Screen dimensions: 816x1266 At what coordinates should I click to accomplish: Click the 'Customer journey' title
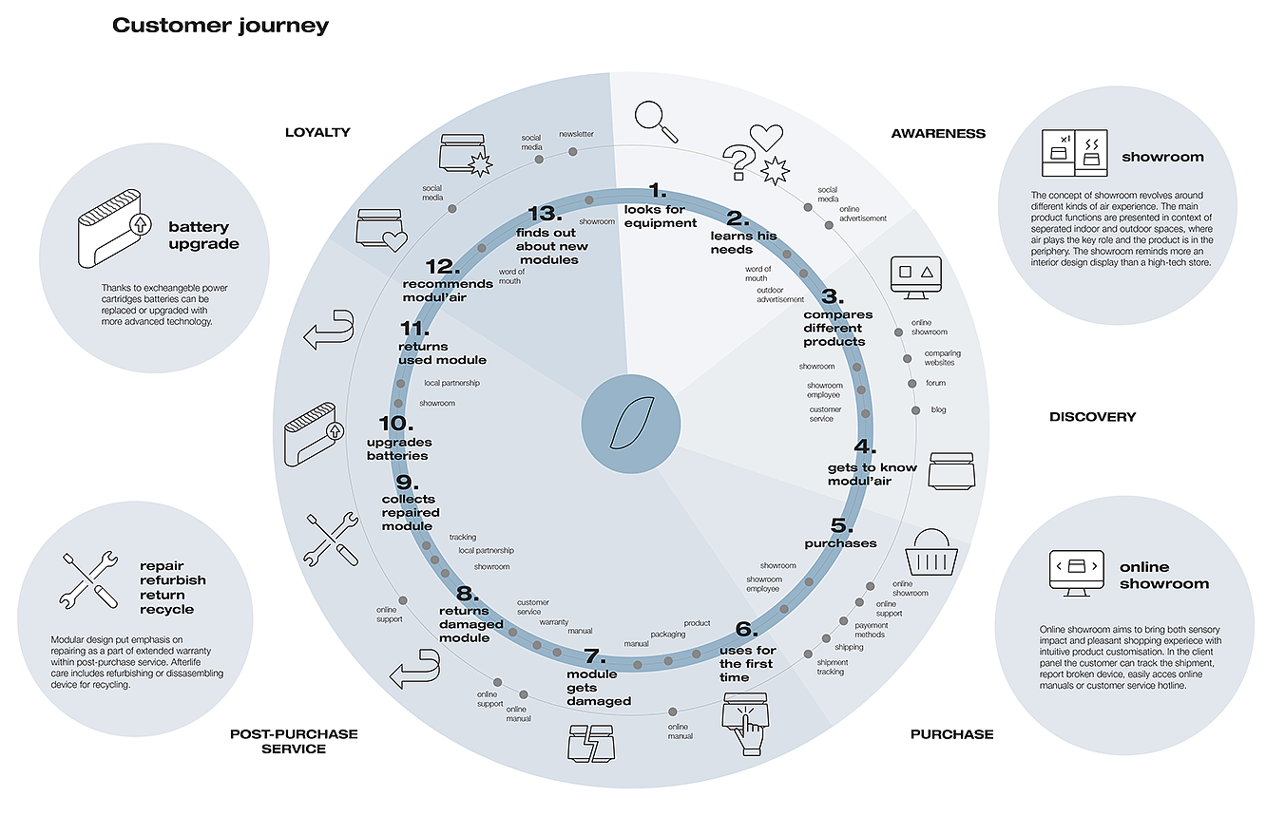pyautogui.click(x=221, y=26)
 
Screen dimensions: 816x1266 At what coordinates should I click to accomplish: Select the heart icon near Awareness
pyautogui.click(x=765, y=138)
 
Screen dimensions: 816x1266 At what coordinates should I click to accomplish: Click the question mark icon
pyautogui.click(x=738, y=161)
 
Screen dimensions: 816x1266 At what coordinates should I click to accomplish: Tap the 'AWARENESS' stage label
pyautogui.click(x=938, y=134)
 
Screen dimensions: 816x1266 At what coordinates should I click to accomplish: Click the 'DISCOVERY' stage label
pyautogui.click(x=1092, y=417)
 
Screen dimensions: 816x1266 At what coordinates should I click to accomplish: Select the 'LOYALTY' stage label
pyautogui.click(x=317, y=133)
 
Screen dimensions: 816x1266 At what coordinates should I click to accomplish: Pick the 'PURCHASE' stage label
pyautogui.click(x=951, y=734)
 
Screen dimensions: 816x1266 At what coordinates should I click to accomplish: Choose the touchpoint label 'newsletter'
pyautogui.click(x=576, y=134)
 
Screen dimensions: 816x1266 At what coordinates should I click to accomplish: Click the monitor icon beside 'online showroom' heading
pyautogui.click(x=1076, y=572)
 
